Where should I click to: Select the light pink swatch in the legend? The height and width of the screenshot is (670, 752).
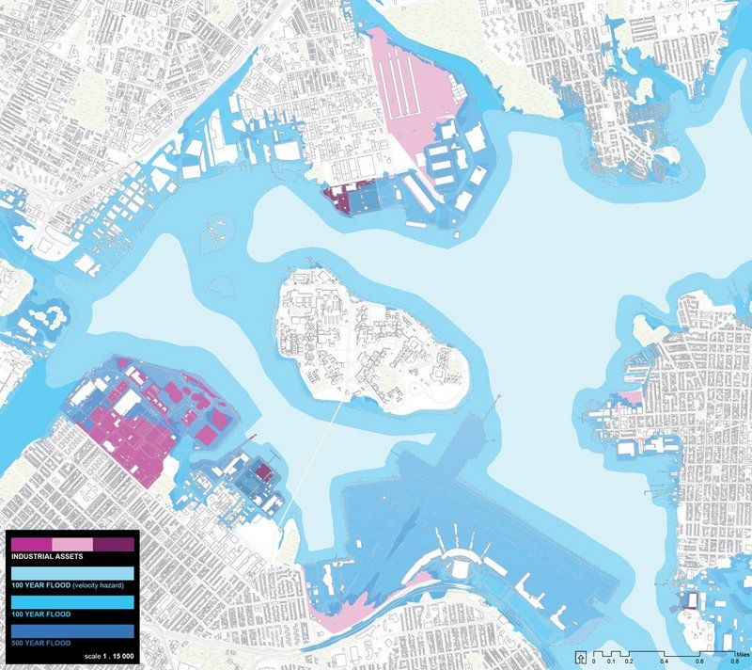coord(72,544)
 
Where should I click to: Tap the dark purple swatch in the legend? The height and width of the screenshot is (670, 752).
coord(115,544)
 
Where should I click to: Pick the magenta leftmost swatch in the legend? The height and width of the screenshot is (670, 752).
coord(31,544)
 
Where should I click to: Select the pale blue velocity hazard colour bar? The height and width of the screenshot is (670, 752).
coord(72,573)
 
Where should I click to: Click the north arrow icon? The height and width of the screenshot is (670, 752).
coord(584,657)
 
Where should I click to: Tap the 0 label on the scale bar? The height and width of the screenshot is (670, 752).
coord(595,662)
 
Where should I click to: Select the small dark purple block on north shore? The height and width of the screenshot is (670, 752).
coord(337,199)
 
